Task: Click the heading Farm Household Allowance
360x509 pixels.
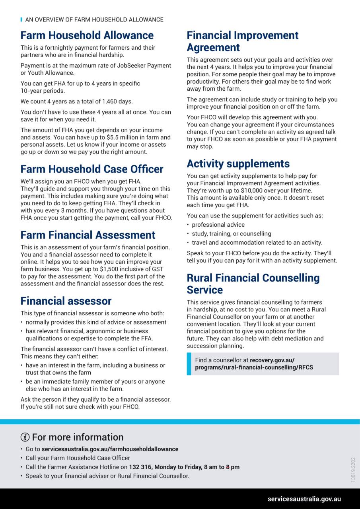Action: pyautogui.click(x=87, y=35)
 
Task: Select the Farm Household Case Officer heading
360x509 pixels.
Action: pyautogui.click(x=92, y=169)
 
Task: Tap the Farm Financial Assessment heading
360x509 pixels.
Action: pyautogui.click(x=88, y=235)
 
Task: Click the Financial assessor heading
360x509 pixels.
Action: pyautogui.click(x=66, y=301)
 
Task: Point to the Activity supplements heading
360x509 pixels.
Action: pyautogui.click(x=238, y=163)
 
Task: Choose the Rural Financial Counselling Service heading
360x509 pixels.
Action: pyautogui.click(x=253, y=284)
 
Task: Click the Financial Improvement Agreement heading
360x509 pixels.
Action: pyautogui.click(x=243, y=41)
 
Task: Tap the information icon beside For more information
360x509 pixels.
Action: pyautogui.click(x=25, y=437)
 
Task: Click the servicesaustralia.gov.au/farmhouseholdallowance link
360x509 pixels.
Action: pyautogui.click(x=110, y=449)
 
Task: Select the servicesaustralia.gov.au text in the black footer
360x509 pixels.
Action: pyautogui.click(x=304, y=499)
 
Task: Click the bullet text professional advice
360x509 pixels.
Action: pyautogui.click(x=218, y=225)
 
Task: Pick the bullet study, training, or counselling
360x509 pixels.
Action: pyautogui.click(x=231, y=234)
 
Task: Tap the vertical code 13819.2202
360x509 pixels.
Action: pyautogui.click(x=353, y=469)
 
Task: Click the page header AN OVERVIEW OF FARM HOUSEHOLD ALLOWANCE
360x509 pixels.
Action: pyautogui.click(x=94, y=19)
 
